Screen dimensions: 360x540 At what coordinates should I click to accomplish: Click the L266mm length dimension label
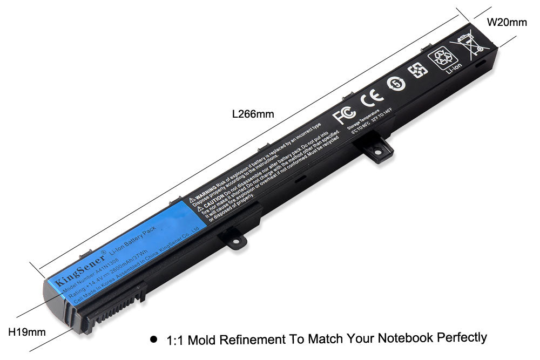click(x=253, y=114)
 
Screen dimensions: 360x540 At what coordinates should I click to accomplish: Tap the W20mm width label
click(x=507, y=22)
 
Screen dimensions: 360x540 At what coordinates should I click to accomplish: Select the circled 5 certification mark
click(x=395, y=83)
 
